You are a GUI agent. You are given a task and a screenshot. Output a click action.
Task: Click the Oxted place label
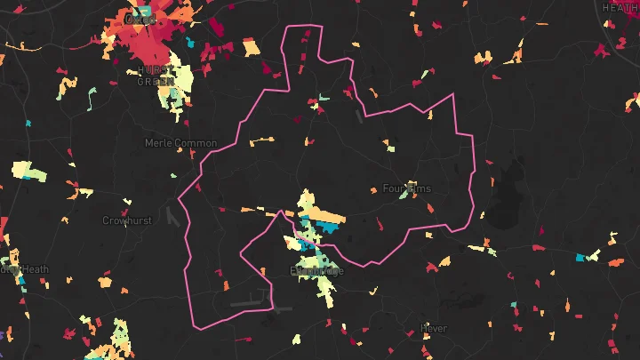click(140, 19)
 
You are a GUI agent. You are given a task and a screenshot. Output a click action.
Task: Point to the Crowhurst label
click(126, 220)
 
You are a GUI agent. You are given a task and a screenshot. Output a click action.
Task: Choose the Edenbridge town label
click(316, 270)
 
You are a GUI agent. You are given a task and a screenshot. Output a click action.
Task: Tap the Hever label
click(433, 328)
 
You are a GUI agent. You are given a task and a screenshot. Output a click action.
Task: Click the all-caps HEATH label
click(620, 7)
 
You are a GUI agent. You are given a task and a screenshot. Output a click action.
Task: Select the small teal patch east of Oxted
click(188, 41)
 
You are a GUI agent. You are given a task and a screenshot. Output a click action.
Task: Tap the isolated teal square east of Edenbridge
click(581, 258)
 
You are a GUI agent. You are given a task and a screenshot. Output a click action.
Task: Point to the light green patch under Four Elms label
click(404, 196)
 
